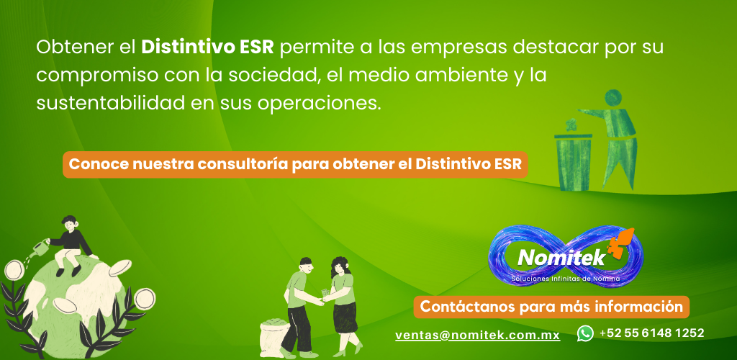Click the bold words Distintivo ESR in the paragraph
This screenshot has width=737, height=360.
pyautogui.click(x=207, y=48)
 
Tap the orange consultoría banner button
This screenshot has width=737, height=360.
pyautogui.click(x=295, y=164)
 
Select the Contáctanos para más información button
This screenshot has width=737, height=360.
pyautogui.click(x=551, y=307)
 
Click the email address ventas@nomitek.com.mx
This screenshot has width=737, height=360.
pyautogui.click(x=478, y=335)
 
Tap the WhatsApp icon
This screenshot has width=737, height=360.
pyautogui.click(x=585, y=333)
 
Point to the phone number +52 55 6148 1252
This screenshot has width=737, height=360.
pyautogui.click(x=651, y=333)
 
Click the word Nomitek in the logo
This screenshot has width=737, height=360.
pyautogui.click(x=561, y=257)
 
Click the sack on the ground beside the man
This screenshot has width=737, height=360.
pyautogui.click(x=276, y=336)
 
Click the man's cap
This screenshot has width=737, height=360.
pyautogui.click(x=305, y=261)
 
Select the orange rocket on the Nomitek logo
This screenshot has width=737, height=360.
pyautogui.click(x=620, y=243)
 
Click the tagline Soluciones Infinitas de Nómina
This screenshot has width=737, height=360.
pyautogui.click(x=566, y=279)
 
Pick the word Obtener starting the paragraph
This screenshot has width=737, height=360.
pyautogui.click(x=71, y=48)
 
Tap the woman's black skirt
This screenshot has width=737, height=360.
pyautogui.click(x=345, y=316)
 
